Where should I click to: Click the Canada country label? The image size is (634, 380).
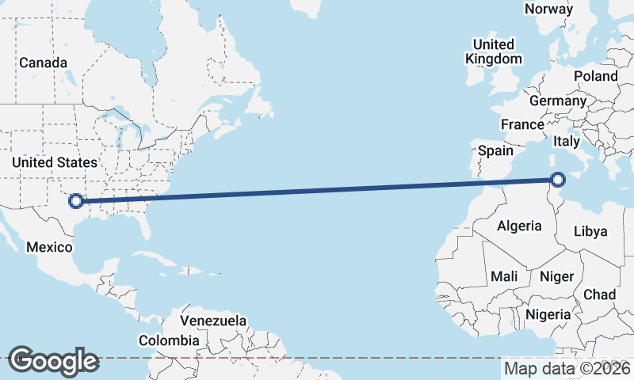(x=43, y=63)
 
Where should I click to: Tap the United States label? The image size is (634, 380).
(x=55, y=162)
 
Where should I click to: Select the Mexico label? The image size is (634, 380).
(x=50, y=247)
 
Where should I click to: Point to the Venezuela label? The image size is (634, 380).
(x=213, y=321)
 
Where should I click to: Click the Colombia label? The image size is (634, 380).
(x=169, y=340)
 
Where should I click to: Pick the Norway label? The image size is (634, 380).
(x=548, y=9)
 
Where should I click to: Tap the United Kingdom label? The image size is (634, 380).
(x=494, y=51)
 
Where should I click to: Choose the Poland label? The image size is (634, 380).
(x=595, y=76)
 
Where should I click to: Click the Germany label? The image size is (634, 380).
(x=558, y=101)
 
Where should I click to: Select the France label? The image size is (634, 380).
(x=522, y=124)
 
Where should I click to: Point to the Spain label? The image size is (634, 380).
(x=496, y=150)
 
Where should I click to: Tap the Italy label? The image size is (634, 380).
(x=567, y=141)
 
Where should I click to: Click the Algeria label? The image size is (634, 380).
(x=519, y=226)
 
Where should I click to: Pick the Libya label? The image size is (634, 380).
(x=590, y=232)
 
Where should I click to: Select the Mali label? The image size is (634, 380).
(x=504, y=276)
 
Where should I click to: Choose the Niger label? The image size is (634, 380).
(x=556, y=276)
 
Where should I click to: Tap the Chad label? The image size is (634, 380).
(x=599, y=294)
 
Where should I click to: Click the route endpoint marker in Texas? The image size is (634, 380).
(x=76, y=200)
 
